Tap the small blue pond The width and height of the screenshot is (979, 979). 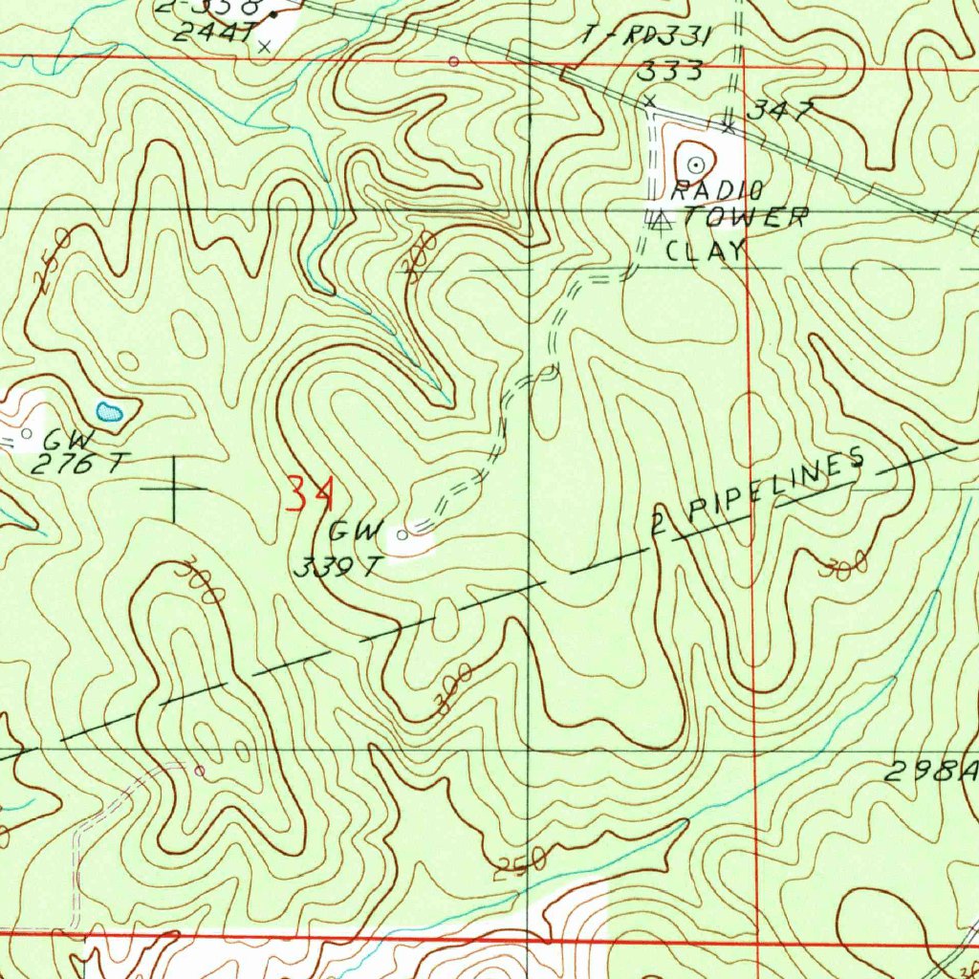tap(109, 412)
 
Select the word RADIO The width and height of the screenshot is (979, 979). tap(716, 190)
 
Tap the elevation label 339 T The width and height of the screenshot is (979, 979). tap(337, 567)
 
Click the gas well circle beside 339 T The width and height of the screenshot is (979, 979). tap(402, 535)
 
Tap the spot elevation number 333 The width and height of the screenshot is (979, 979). tap(670, 71)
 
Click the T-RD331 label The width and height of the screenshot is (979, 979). tap(647, 37)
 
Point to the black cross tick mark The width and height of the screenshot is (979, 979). tap(174, 489)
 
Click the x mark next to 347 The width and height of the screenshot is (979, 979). tap(729, 125)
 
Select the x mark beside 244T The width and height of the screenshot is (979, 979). tap(265, 44)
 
